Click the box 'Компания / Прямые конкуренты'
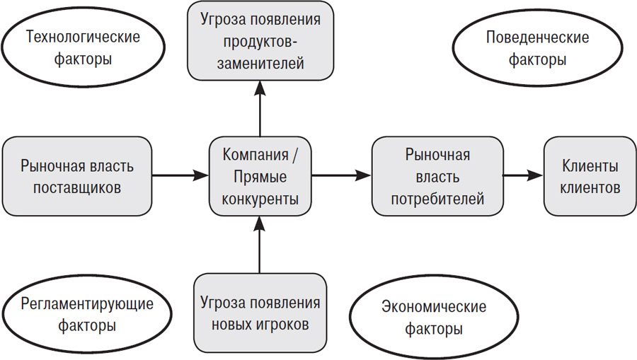(x=260, y=177)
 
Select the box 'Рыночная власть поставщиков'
(x=78, y=177)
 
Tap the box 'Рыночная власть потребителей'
(x=437, y=177)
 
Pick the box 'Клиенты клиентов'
(x=590, y=177)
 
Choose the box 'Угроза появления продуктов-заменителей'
(x=260, y=40)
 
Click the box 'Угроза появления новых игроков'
(x=260, y=314)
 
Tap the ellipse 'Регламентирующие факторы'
(x=88, y=315)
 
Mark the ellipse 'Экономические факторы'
(x=433, y=318)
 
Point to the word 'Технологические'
(x=83, y=37)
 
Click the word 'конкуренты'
(x=260, y=199)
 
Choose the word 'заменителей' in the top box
(x=260, y=64)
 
